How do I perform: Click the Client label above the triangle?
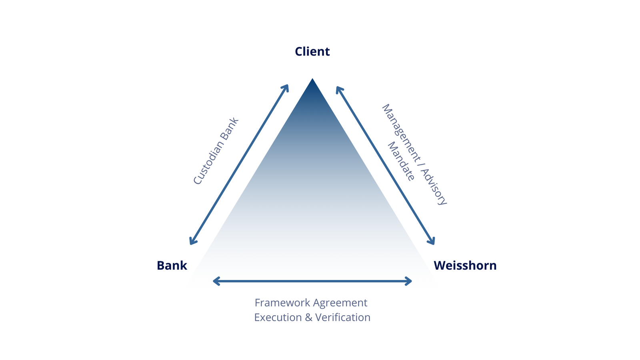[x=312, y=52]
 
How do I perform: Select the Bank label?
[x=172, y=266]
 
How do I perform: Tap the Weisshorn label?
[x=465, y=266]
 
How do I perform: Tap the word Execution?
[x=278, y=318]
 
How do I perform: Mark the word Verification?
[x=343, y=318]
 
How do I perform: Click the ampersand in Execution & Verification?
[x=308, y=318]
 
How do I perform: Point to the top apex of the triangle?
[x=312, y=80]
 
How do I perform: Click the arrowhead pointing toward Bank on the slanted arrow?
[x=192, y=242]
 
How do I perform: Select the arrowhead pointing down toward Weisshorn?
[x=432, y=242]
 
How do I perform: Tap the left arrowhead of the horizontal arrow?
[x=216, y=281]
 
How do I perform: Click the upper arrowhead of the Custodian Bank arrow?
[x=286, y=87]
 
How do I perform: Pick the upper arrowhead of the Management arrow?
[x=338, y=88]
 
